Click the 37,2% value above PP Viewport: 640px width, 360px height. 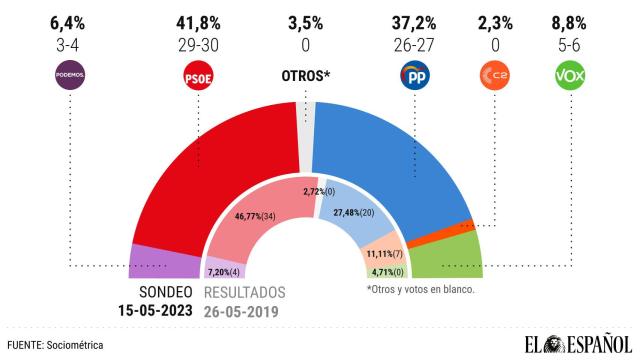414,19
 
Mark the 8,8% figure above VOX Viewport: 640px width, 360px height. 569,19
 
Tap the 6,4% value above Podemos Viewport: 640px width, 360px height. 69,19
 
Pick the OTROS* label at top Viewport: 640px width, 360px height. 305,77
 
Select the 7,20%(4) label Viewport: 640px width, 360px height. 225,270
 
